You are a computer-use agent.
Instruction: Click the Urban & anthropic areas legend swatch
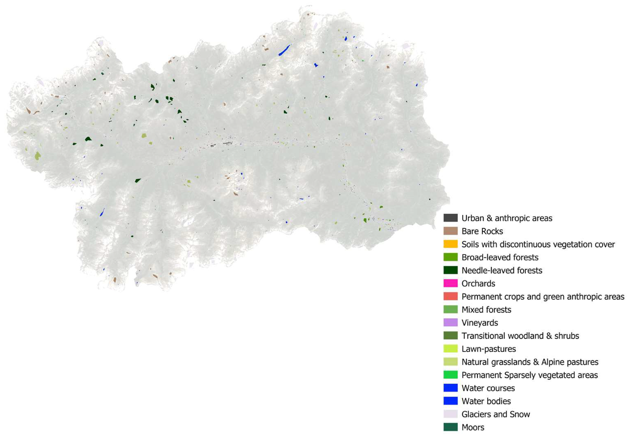(x=450, y=218)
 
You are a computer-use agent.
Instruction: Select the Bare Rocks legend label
(x=482, y=231)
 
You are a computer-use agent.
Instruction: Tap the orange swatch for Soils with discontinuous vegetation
(x=450, y=244)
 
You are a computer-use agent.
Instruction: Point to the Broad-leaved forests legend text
(x=500, y=257)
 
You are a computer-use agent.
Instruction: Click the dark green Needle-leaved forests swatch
(x=450, y=270)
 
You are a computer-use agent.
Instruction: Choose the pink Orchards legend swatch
(x=450, y=283)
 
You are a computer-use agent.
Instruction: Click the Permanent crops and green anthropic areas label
(x=543, y=296)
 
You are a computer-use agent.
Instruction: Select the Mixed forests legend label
(x=486, y=310)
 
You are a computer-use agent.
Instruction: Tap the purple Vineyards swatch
(x=450, y=323)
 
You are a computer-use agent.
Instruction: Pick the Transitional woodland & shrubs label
(x=520, y=336)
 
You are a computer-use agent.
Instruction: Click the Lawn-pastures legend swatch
(x=450, y=349)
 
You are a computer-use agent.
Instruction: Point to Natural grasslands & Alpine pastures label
(x=530, y=362)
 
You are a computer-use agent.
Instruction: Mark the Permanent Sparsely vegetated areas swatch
(x=450, y=375)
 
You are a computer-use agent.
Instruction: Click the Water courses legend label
(x=488, y=388)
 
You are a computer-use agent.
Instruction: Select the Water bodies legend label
(x=486, y=401)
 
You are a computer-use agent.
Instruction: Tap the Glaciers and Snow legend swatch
(x=450, y=414)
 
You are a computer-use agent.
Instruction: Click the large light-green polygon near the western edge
(x=38, y=156)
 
